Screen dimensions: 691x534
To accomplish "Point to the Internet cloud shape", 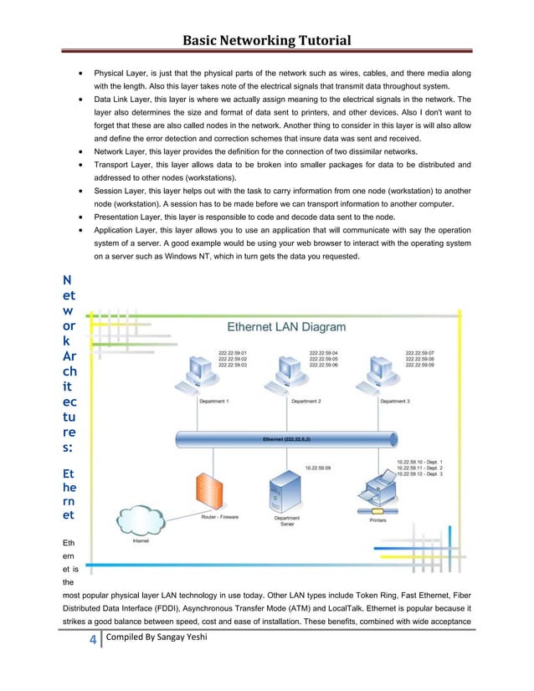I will click(x=143, y=520).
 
